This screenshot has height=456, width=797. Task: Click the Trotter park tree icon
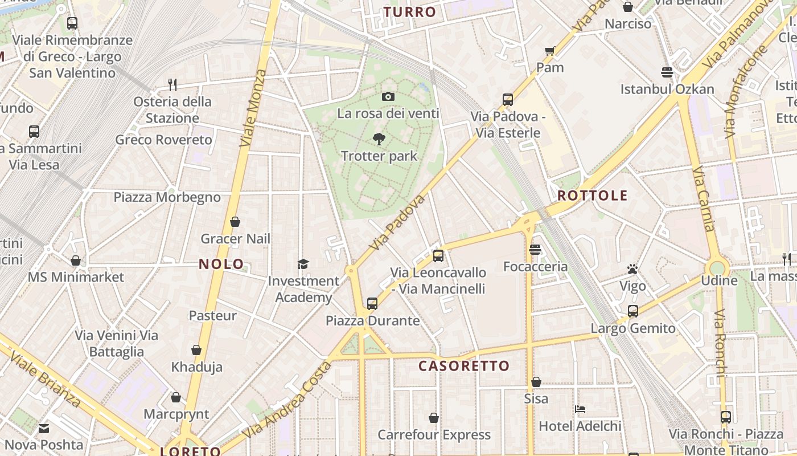[x=379, y=139]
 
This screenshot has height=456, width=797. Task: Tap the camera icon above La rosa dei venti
[x=388, y=96]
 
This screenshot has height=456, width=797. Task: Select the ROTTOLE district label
[x=592, y=196]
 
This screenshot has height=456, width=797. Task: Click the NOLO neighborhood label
[x=221, y=264]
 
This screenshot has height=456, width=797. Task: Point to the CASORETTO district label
[x=464, y=366]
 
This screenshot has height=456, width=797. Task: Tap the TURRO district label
[x=409, y=12]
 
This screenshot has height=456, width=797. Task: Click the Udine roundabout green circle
[x=717, y=267]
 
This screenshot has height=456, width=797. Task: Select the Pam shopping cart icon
[x=550, y=51]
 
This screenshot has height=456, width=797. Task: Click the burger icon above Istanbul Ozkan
[x=667, y=72]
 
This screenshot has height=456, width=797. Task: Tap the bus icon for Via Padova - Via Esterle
[x=508, y=100]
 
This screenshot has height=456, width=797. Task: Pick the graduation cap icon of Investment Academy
[x=303, y=264]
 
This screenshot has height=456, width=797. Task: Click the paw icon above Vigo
[x=632, y=269]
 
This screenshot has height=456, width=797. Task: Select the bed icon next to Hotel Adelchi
[x=580, y=409]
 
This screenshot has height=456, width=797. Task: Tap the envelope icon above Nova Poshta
[x=44, y=428]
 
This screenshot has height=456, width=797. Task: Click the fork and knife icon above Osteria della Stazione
[x=172, y=85]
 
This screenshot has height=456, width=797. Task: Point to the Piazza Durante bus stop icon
[x=372, y=304]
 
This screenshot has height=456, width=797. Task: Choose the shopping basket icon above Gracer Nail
[x=235, y=222]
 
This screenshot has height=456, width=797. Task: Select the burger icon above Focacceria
[x=535, y=250]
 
